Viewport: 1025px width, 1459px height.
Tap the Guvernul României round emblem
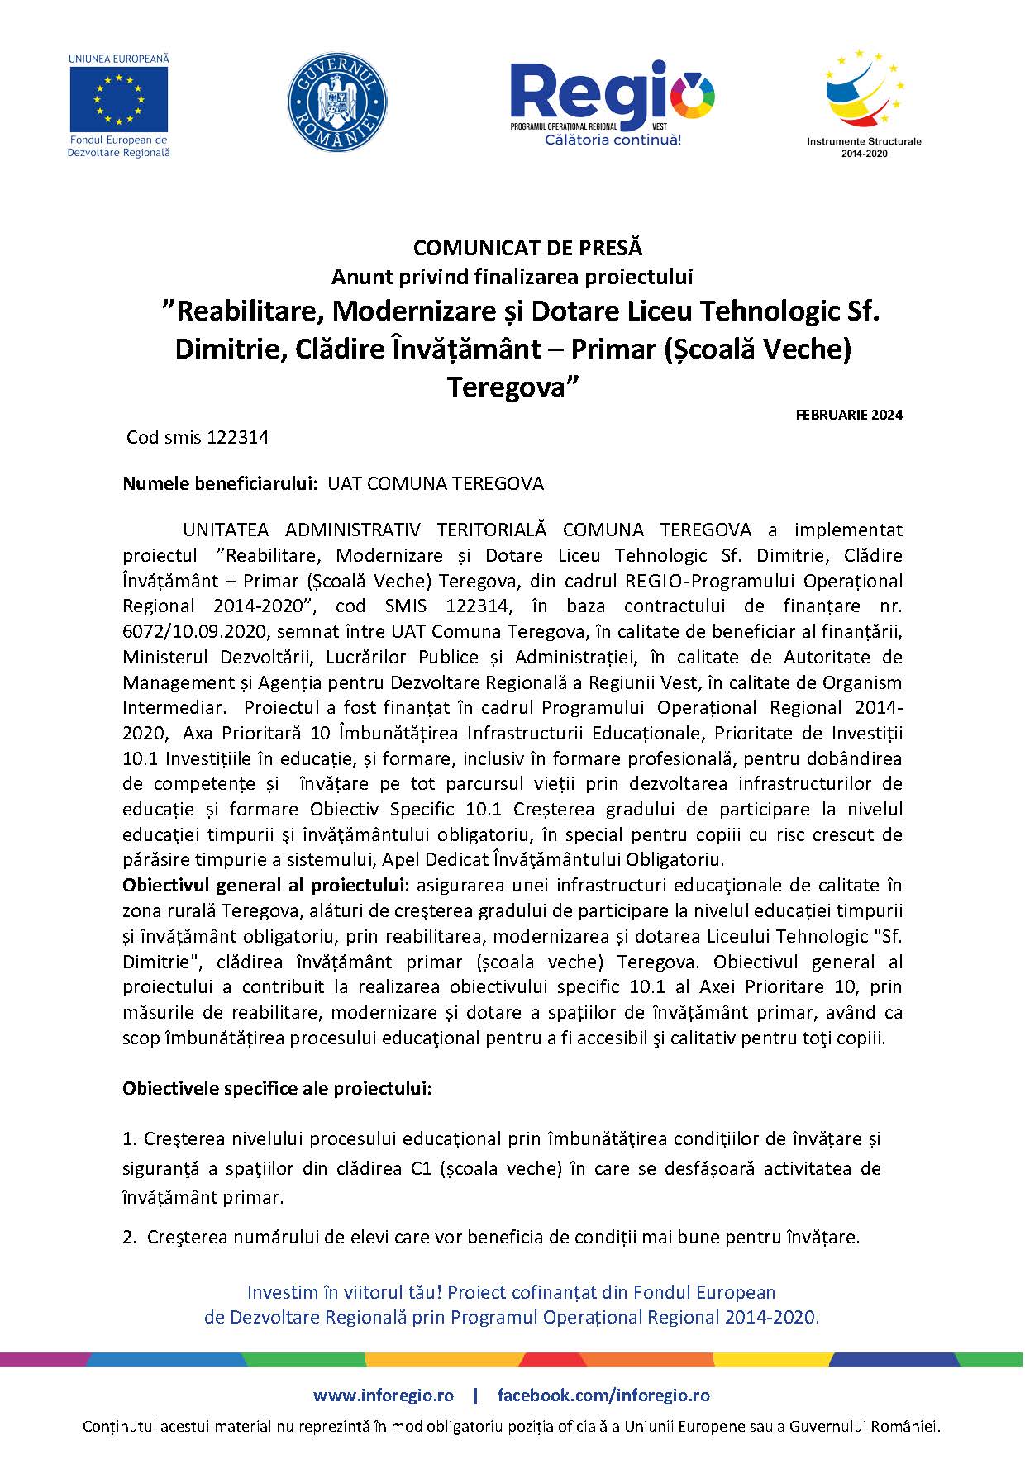(x=337, y=102)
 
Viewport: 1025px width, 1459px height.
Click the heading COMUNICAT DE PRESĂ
(x=527, y=247)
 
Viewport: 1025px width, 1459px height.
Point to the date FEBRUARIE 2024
(x=849, y=415)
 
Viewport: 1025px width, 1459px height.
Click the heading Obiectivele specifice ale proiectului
(x=277, y=1088)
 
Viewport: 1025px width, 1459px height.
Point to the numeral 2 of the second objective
(x=128, y=1237)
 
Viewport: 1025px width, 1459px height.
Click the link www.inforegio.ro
(x=384, y=1395)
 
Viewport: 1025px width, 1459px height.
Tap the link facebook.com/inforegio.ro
(x=603, y=1395)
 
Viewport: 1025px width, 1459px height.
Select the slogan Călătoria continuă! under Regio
(x=613, y=140)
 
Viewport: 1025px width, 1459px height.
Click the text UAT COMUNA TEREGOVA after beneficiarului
(x=436, y=483)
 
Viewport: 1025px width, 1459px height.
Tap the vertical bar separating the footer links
(x=475, y=1395)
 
